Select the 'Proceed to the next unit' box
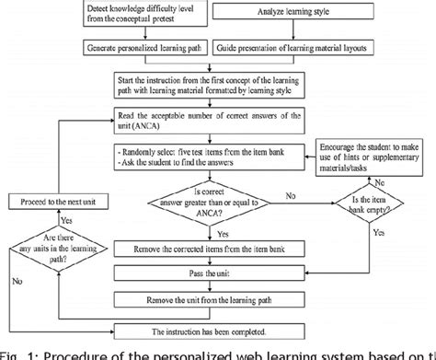pos(59,199)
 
